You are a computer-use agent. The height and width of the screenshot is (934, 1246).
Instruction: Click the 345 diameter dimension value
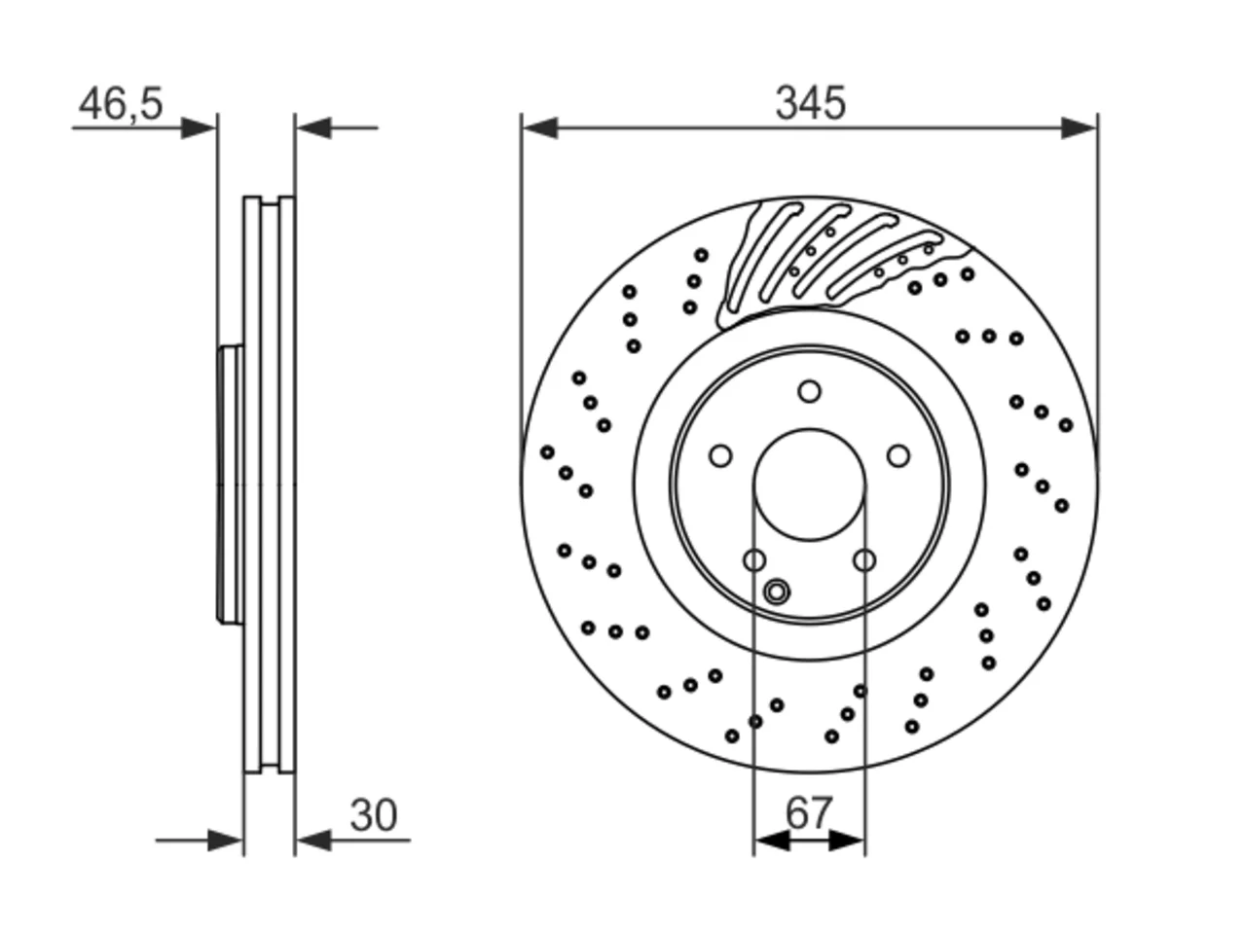click(810, 103)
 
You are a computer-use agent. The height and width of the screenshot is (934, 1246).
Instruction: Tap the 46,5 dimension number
click(121, 104)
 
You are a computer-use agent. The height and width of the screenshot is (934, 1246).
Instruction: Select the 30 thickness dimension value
click(374, 815)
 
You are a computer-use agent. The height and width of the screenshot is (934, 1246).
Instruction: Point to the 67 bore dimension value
click(809, 812)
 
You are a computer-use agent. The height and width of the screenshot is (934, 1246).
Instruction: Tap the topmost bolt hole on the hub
click(810, 391)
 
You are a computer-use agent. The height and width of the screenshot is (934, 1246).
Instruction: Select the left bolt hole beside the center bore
click(721, 456)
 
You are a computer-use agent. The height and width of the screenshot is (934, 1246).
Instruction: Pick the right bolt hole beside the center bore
click(898, 455)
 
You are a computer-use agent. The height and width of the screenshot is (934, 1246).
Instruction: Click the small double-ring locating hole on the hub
click(777, 593)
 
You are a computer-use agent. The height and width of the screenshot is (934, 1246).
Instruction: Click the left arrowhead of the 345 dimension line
click(539, 128)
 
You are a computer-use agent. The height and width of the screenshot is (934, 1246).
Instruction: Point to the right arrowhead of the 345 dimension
click(1080, 128)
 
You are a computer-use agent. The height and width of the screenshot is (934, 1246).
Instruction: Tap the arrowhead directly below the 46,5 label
click(199, 128)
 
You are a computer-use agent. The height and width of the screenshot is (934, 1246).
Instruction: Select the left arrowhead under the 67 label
click(772, 841)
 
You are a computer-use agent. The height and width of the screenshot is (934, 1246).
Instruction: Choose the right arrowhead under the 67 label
click(846, 841)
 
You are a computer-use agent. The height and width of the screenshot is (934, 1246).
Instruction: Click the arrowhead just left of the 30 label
click(313, 841)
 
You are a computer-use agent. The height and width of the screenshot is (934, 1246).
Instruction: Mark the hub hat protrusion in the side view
click(231, 485)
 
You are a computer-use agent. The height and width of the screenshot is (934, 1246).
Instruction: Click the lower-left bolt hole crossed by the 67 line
click(754, 560)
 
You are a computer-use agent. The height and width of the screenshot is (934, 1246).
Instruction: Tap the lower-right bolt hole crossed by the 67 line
click(864, 560)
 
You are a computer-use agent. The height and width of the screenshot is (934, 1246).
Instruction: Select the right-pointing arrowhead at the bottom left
click(226, 841)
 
